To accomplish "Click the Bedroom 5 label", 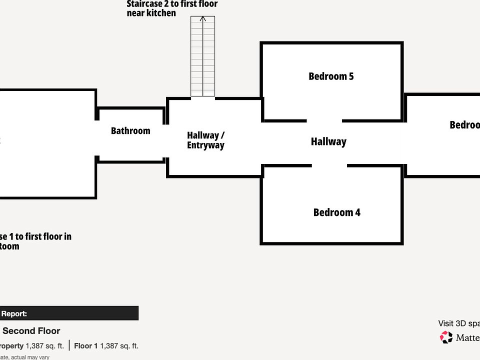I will [x=331, y=76].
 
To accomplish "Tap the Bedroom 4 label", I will [x=336, y=212].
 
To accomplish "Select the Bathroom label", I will [x=130, y=131].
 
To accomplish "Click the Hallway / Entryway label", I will [x=205, y=140].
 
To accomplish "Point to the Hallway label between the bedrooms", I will [x=328, y=142].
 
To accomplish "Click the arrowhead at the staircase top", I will [x=202, y=19].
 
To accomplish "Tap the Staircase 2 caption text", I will [x=172, y=4].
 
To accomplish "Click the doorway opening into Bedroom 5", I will [x=324, y=120].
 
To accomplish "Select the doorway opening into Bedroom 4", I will [x=329, y=166].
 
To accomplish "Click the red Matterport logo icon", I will [x=446, y=337].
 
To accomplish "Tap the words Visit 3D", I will [x=455, y=323].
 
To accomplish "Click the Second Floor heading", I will [x=31, y=331].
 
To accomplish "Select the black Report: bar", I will [x=69, y=313].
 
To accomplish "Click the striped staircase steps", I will [x=202, y=60].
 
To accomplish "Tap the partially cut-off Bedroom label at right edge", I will [x=464, y=125].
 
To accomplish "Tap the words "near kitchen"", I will [x=151, y=13].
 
